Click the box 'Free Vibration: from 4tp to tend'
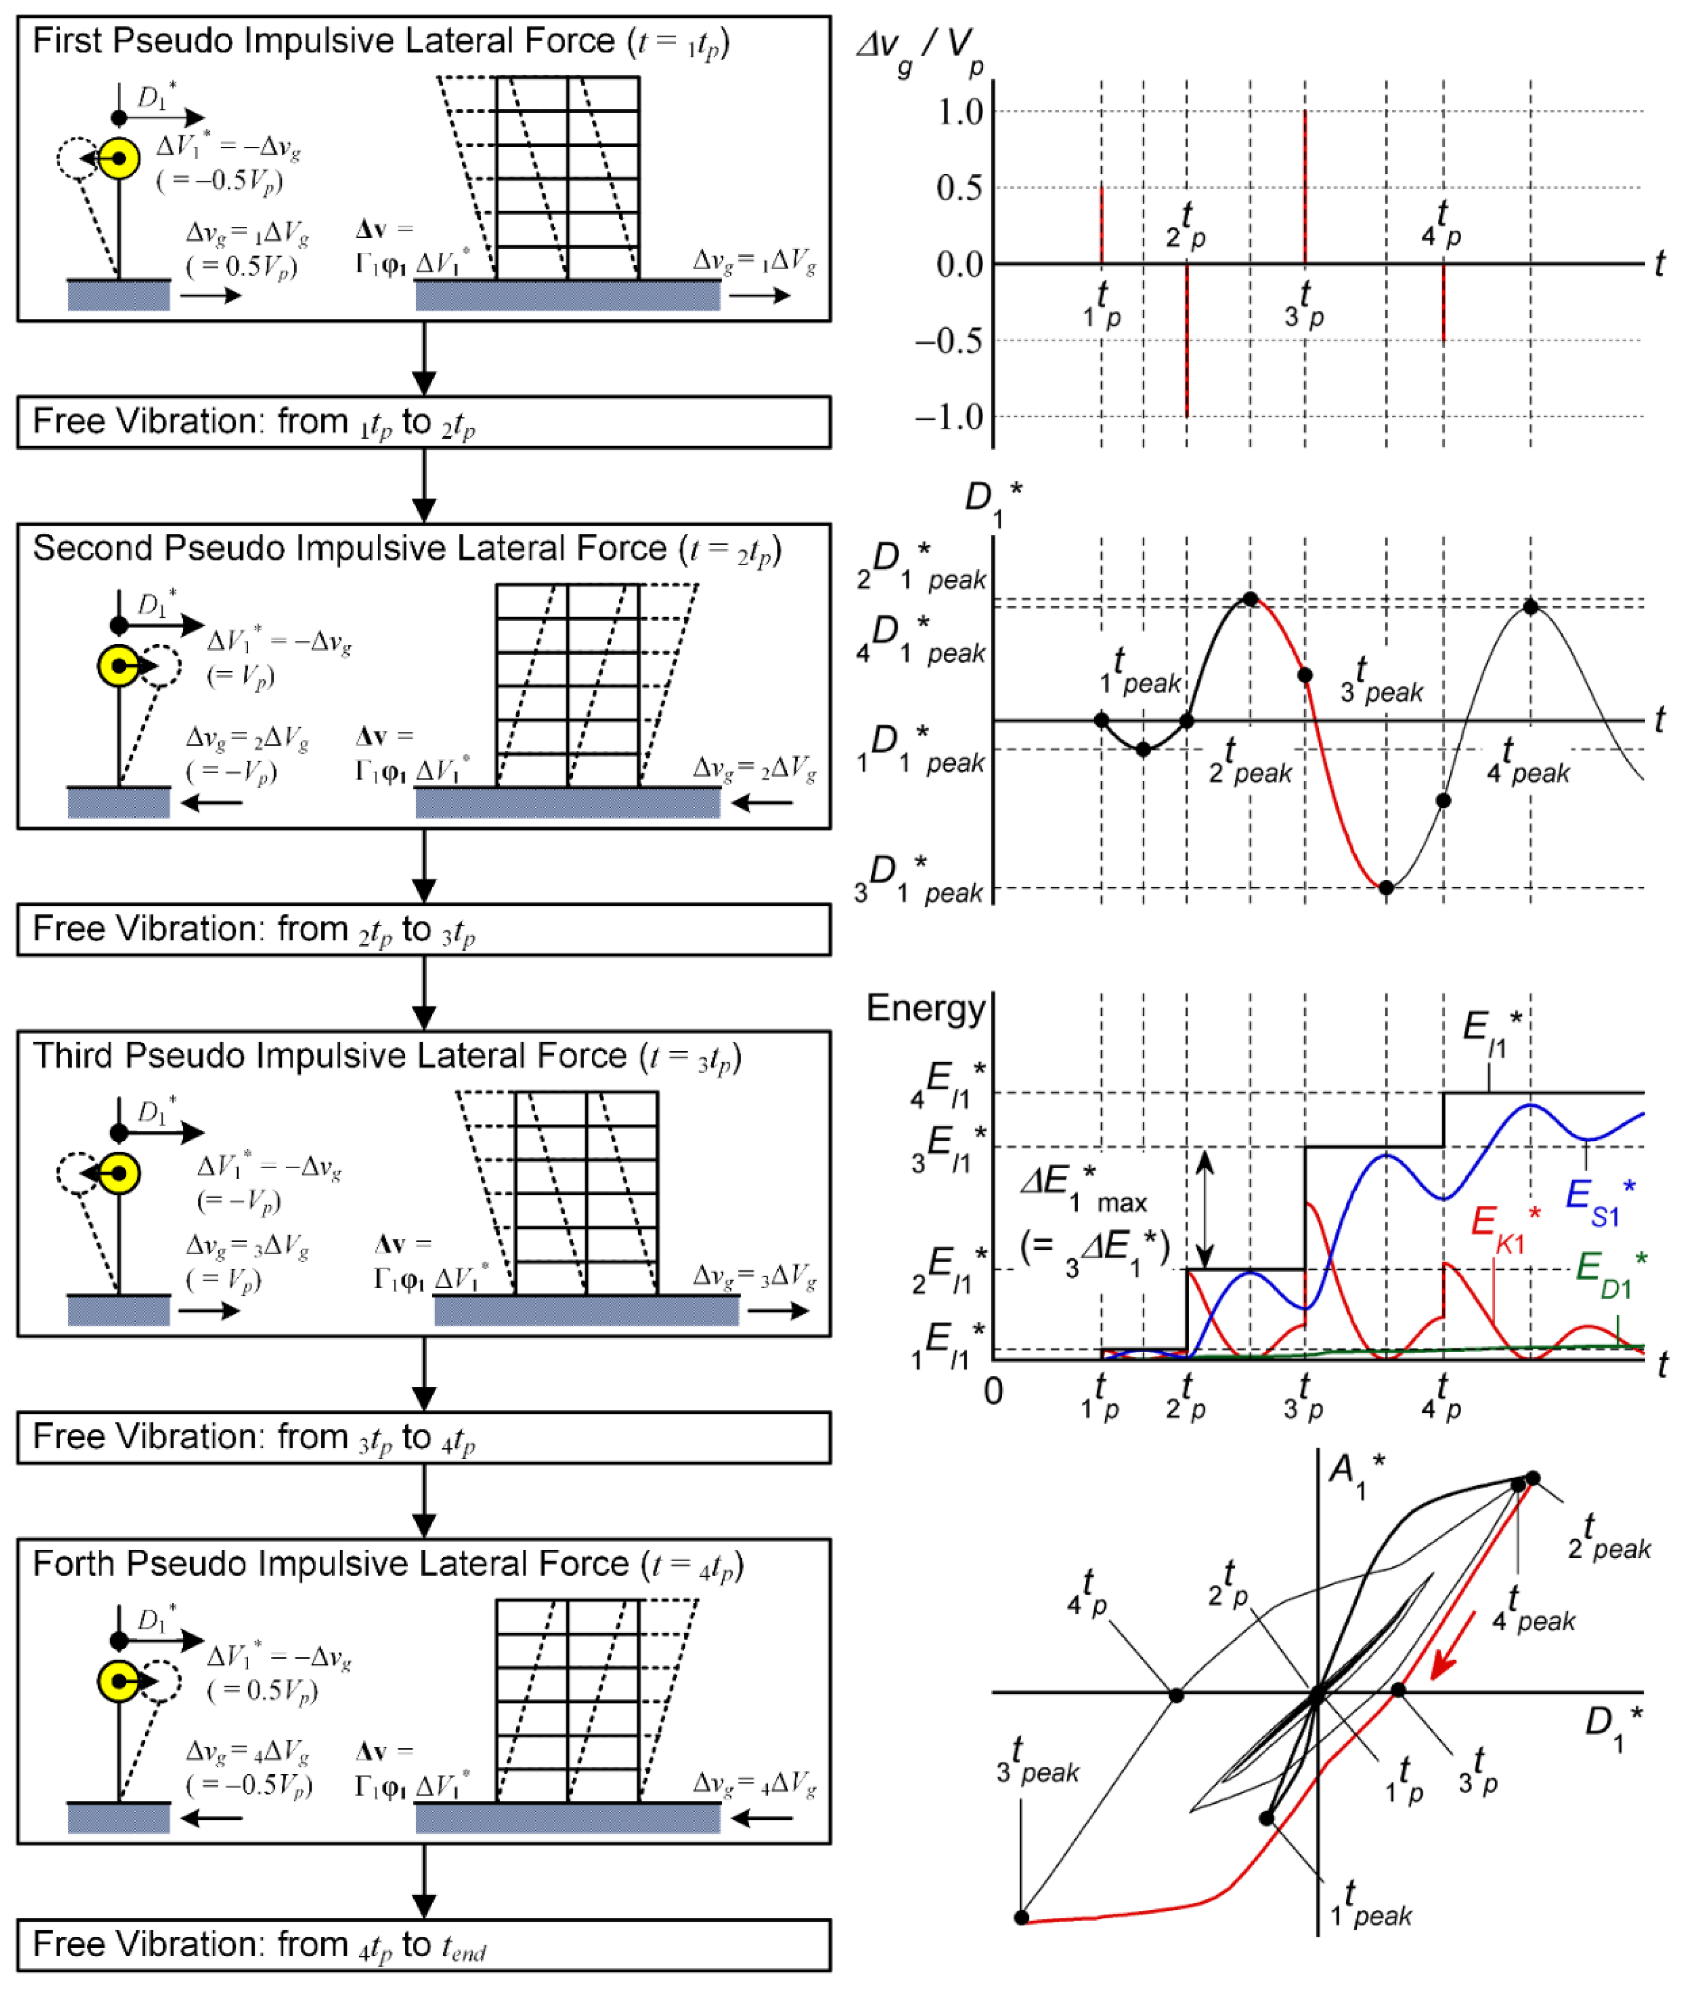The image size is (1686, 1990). point(423,1945)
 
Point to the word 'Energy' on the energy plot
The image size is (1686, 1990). point(925,1008)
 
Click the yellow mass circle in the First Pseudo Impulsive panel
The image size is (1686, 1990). point(119,159)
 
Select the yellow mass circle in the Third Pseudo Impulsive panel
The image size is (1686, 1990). point(119,1174)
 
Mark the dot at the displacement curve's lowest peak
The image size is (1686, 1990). point(1386,888)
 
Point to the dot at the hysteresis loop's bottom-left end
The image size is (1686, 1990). point(1022,1917)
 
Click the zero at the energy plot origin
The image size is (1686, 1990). point(994,1392)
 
